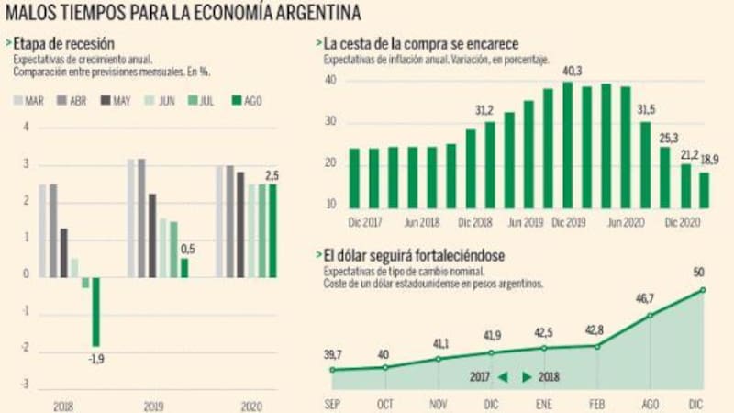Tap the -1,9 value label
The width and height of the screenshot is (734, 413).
tap(95, 359)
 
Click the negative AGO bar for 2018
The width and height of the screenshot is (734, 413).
tap(95, 311)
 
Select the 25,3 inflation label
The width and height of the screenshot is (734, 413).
tap(667, 137)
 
